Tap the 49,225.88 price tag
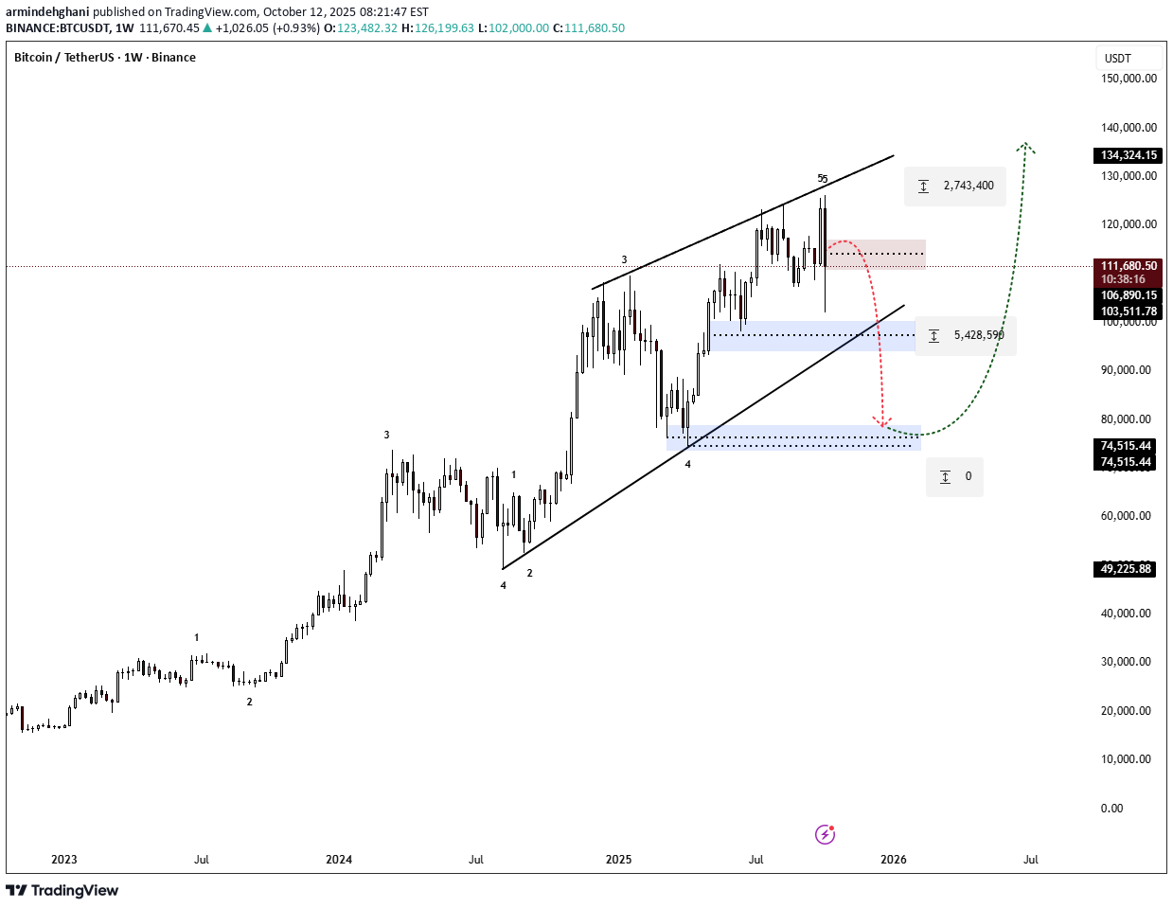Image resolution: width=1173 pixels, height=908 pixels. pos(1126,569)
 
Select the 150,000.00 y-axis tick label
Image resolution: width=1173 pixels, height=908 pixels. pos(1129,79)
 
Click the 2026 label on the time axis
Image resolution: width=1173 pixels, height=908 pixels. pos(893,860)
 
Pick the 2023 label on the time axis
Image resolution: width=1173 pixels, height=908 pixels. pos(64,860)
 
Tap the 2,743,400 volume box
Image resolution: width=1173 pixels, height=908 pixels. pos(955,186)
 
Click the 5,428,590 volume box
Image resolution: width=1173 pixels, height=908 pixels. pos(966,335)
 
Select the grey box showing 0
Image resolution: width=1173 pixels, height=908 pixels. pos(954,476)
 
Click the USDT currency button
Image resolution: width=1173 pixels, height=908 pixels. pos(1118,59)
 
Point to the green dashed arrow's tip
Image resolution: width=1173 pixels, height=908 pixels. pos(1026,145)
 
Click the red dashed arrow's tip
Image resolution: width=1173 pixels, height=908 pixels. pos(882,425)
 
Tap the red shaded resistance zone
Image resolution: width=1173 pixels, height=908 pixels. pos(876,254)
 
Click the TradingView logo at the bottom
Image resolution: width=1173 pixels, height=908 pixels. pos(62,890)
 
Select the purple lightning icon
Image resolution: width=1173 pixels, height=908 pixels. pos(825,834)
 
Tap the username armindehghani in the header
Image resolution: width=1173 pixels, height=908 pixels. pos(47,12)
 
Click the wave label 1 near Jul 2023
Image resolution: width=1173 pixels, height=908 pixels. pos(197,638)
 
